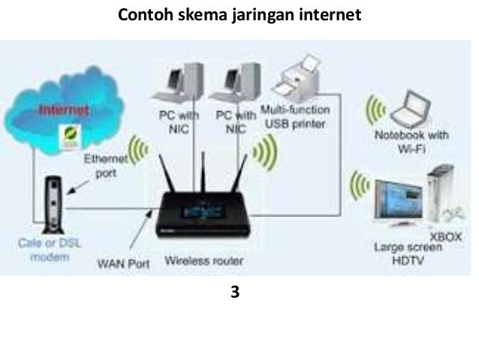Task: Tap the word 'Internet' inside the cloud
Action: [65, 110]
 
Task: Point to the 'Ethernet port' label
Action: [100, 165]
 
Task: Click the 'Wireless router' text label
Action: [203, 262]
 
